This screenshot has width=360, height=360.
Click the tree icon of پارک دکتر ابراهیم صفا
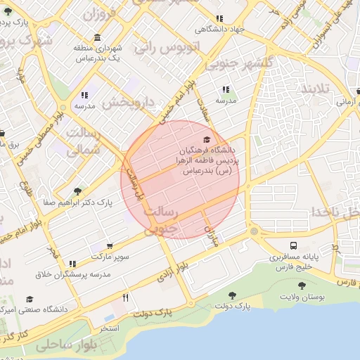click(77, 191)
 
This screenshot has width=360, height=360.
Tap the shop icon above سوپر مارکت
click(94, 247)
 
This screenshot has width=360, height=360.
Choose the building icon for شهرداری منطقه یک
click(96, 37)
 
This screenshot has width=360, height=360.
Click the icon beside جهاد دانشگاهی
click(220, 19)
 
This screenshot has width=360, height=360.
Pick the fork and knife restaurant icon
click(126, 297)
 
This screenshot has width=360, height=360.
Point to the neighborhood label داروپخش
click(129, 103)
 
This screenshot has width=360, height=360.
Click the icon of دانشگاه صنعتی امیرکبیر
click(30, 299)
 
